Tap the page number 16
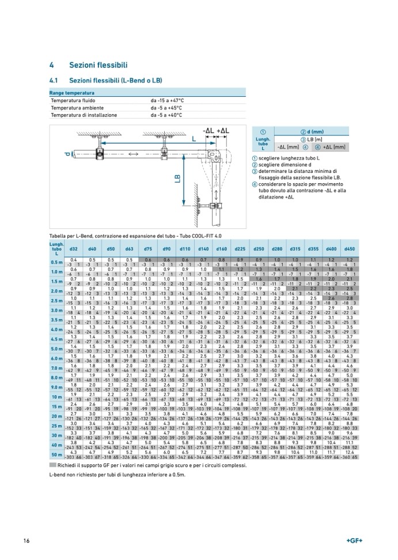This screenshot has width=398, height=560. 26,540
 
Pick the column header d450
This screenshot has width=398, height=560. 349,248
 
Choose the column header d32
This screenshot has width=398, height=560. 74,248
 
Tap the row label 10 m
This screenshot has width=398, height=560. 56,397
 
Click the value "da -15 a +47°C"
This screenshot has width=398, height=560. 170,100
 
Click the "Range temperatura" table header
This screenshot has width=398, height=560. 72,92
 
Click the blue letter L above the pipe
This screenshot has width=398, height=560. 194,140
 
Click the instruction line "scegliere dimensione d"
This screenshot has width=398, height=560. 286,164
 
